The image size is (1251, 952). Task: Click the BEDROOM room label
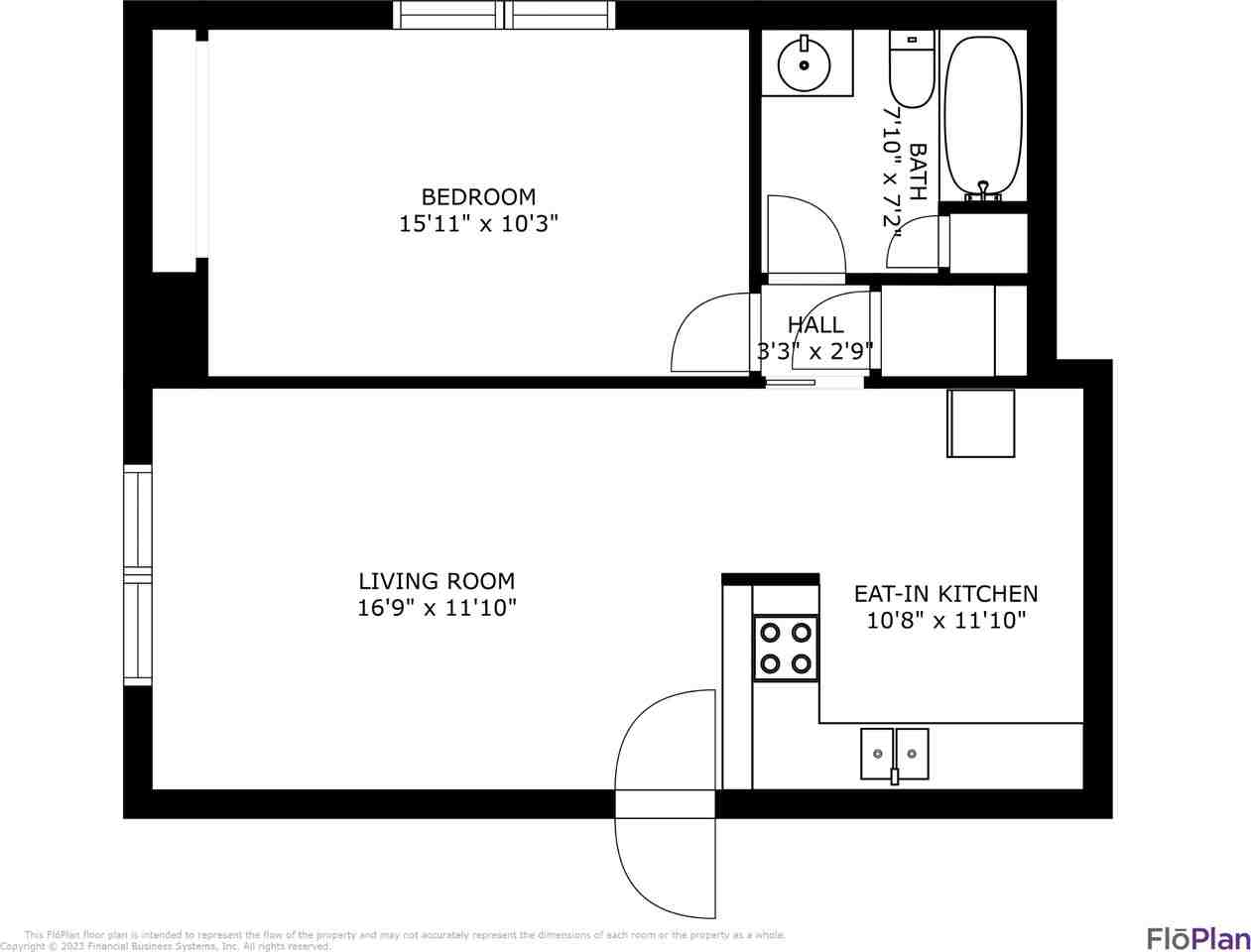point(478,196)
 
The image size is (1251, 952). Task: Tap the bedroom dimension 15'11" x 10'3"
point(478,224)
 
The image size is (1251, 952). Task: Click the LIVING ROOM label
point(437,581)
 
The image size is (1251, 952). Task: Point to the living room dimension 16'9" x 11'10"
point(437,608)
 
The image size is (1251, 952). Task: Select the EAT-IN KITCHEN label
point(945,593)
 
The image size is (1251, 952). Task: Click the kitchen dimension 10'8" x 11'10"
point(945,621)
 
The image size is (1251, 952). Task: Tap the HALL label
point(815,324)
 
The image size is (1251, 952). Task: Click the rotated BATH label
point(918,173)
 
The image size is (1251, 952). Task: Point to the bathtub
point(982,114)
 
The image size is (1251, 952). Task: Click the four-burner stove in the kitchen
point(786,648)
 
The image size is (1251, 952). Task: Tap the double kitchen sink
point(895,753)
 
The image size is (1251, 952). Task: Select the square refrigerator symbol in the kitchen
point(980,423)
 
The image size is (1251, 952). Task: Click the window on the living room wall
point(138,575)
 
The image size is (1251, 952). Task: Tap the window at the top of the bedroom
point(504,15)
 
